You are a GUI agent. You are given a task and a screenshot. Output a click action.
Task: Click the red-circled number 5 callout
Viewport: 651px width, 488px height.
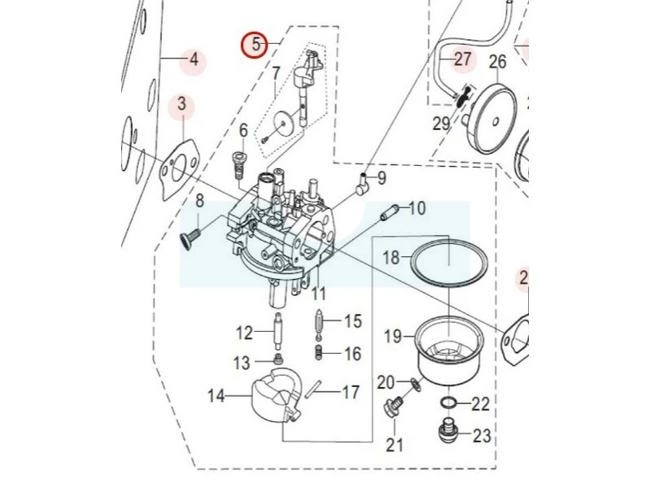point(256,45)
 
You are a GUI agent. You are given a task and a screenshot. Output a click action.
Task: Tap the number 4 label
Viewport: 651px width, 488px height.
point(193,60)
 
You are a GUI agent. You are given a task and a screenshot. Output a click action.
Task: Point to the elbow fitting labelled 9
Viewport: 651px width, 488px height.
point(361,184)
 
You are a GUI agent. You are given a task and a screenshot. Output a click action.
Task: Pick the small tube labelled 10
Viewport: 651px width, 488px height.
point(390,212)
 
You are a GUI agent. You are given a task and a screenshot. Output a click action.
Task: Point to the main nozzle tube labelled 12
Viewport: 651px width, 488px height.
point(277,332)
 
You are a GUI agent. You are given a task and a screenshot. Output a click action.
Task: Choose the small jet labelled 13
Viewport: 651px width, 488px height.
point(277,358)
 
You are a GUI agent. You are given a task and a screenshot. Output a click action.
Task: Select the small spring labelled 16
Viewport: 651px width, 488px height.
point(319,352)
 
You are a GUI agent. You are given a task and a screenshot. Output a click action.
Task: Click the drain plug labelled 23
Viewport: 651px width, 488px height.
point(448,429)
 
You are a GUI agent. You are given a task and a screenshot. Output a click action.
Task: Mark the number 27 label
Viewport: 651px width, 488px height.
point(462,59)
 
